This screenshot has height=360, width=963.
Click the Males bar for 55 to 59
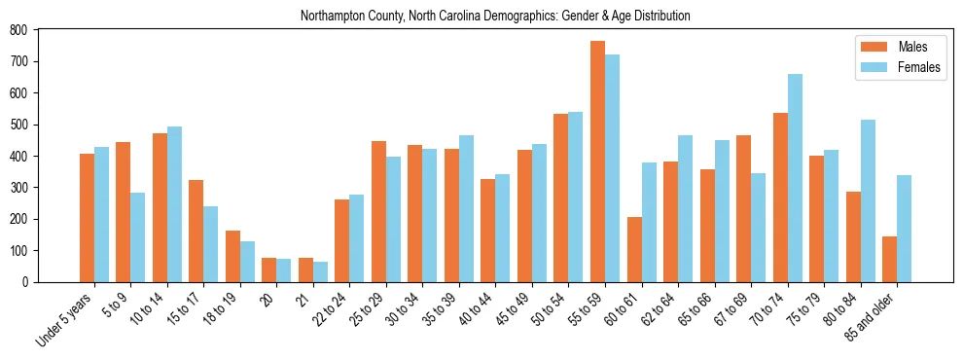(597, 162)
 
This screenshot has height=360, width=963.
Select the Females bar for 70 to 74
(795, 178)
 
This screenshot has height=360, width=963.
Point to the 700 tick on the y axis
(37, 61)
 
